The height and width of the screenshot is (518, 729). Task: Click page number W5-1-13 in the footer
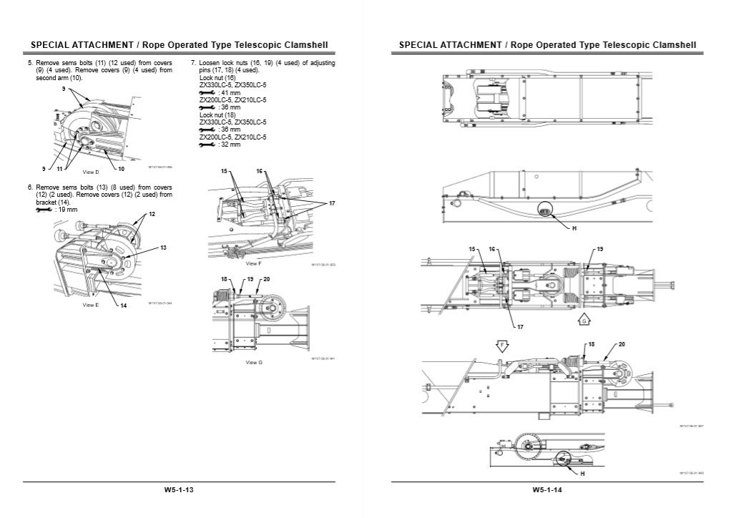[x=177, y=490]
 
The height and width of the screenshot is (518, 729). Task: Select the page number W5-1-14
[x=546, y=490]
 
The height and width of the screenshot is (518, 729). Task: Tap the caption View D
[x=91, y=172]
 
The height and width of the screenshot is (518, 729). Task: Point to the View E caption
[x=90, y=305]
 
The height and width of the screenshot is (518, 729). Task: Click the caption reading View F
[x=253, y=264]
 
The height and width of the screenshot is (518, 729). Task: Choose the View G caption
[x=253, y=363]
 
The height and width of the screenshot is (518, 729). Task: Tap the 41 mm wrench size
[x=230, y=93]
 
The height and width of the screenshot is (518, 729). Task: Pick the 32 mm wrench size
[x=230, y=144]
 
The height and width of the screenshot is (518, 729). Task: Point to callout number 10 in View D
[x=122, y=169]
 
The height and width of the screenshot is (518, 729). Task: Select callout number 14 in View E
[x=123, y=306]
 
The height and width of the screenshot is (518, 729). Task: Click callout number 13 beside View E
[x=163, y=248]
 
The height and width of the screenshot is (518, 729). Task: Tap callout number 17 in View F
[x=332, y=204]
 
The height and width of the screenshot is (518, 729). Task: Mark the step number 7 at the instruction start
[x=193, y=63]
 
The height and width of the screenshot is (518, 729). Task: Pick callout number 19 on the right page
[x=600, y=249]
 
